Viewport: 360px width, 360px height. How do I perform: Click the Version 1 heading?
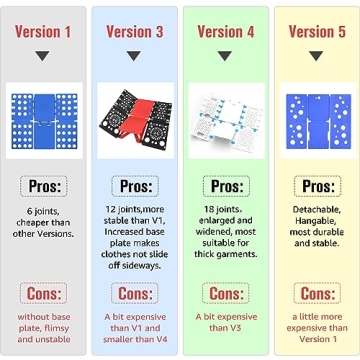point(43,32)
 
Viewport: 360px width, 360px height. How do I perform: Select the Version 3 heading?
point(135,32)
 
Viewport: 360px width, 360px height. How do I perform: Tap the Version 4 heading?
point(226,32)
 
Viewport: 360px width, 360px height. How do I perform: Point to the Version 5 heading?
point(317,32)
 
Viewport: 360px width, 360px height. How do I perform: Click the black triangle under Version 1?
point(43,56)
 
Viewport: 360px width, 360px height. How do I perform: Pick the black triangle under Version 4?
point(225,56)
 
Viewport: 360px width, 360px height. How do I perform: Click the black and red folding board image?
point(136,120)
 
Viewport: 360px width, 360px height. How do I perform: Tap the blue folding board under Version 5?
point(318,121)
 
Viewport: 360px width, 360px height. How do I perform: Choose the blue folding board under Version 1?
point(44,121)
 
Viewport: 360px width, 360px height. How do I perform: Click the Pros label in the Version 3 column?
point(135,186)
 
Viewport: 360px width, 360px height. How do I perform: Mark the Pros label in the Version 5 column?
point(317,186)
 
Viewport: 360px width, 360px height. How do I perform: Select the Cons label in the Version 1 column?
point(43,293)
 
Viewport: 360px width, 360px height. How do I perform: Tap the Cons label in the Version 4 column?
point(226,293)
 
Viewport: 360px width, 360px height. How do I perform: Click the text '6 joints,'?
point(43,211)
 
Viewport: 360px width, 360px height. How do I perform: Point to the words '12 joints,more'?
point(134,210)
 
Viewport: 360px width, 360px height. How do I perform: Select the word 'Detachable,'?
point(317,210)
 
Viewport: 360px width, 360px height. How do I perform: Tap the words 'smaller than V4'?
point(135,340)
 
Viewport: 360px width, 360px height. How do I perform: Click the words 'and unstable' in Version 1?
point(44,340)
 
